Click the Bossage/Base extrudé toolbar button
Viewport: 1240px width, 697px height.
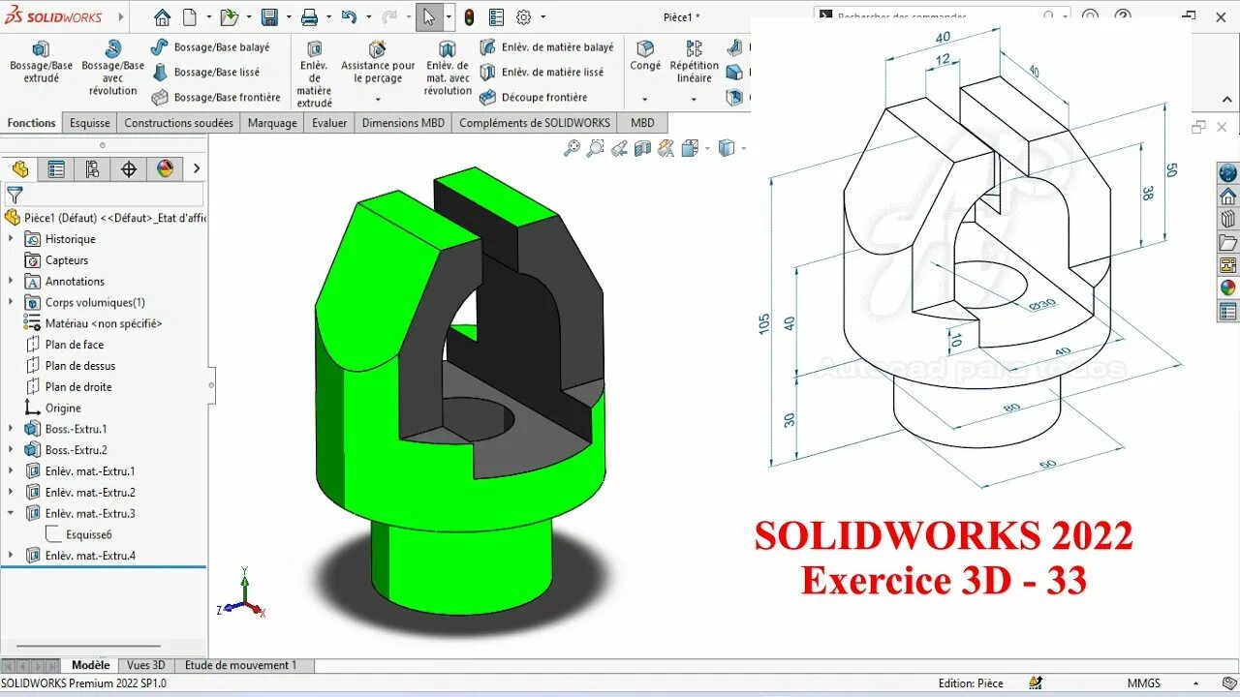tap(41, 61)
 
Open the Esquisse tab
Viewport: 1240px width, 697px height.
tap(89, 123)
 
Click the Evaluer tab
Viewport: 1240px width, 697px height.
tap(329, 123)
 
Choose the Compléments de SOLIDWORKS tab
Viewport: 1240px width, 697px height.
tap(535, 123)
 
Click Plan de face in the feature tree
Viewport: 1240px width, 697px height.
tap(74, 345)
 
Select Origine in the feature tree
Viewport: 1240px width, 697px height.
tap(62, 408)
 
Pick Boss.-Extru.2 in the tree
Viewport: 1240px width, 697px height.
tap(76, 450)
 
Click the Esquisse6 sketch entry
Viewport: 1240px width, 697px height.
tap(88, 534)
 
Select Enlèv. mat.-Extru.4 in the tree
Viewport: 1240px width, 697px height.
tap(89, 556)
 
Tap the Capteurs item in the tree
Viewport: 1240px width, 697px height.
tap(66, 260)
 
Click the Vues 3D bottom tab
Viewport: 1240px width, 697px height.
tap(146, 665)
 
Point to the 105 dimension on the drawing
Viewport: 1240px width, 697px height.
tap(764, 322)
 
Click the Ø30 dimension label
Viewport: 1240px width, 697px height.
tap(1042, 304)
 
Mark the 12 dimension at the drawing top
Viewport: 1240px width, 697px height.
tap(942, 60)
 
